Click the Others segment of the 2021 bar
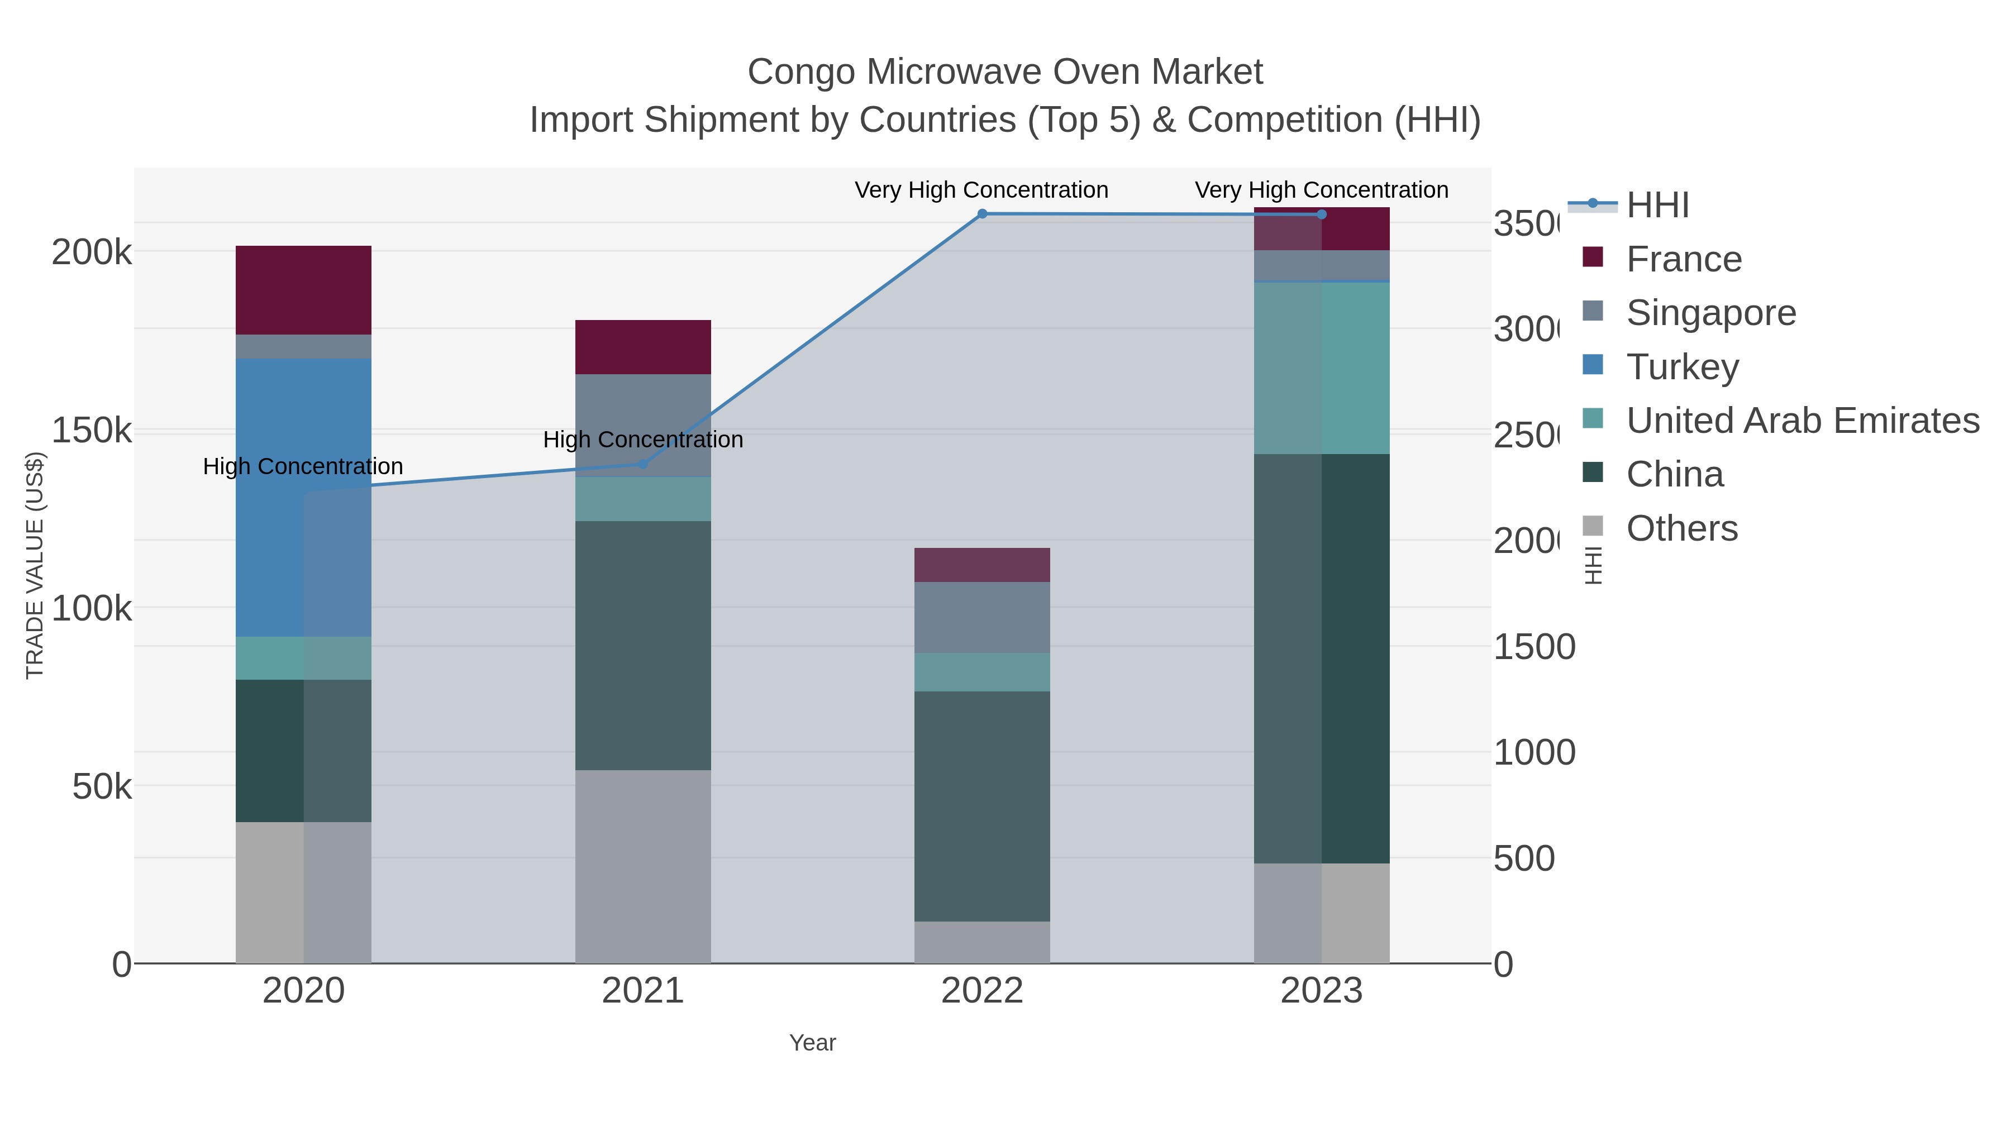coord(642,866)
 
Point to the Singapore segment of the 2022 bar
coord(981,617)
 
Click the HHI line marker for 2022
coord(982,214)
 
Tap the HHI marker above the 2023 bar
coord(1321,214)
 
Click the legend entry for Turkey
coord(1683,367)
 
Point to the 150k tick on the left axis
coord(92,430)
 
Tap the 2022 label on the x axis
coord(981,991)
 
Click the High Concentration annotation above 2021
coord(642,440)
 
